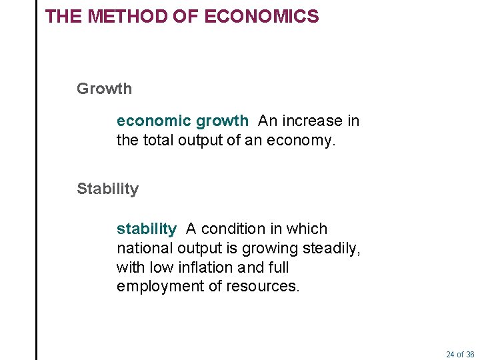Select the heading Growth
pos(104,89)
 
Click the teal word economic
pos(154,121)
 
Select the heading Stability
pos(107,189)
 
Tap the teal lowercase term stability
pos(146,229)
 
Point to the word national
pos(145,249)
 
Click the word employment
pos(157,287)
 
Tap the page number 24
pos(450,354)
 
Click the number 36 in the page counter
pos(470,354)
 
